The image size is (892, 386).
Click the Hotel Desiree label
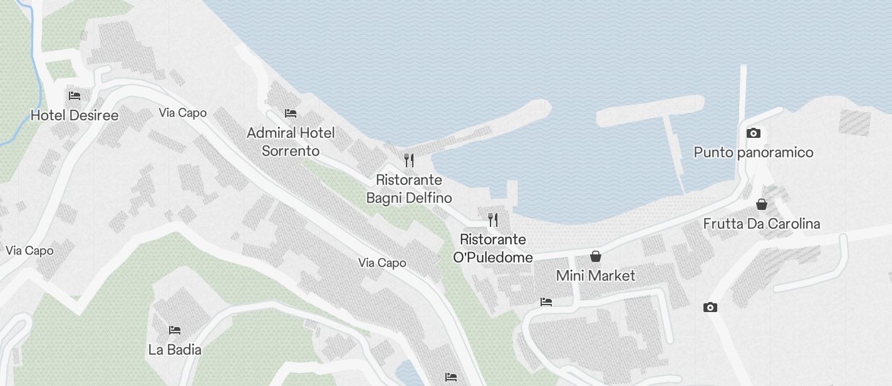[x=75, y=115]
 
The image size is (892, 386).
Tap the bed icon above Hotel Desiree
[x=75, y=96]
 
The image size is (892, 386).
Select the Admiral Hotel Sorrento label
[x=291, y=142]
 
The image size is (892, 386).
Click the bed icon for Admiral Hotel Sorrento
[x=291, y=113]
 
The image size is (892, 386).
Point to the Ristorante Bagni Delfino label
[x=409, y=189]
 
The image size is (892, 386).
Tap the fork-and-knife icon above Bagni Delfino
[x=409, y=160]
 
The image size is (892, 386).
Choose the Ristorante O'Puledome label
[x=493, y=248]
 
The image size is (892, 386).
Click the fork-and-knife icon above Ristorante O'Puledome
[x=493, y=219]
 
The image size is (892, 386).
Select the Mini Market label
[x=596, y=276]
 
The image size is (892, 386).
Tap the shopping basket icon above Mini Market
[x=596, y=256]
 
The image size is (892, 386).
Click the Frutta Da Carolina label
[x=761, y=224]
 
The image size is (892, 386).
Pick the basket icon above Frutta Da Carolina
[x=762, y=204]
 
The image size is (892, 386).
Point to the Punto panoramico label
[x=754, y=152]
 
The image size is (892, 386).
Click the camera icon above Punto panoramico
[x=754, y=133]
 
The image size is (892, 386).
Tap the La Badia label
[x=175, y=349]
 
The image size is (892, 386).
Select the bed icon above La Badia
[x=175, y=330]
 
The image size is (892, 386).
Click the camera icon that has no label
[x=710, y=307]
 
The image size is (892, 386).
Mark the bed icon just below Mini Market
[x=546, y=302]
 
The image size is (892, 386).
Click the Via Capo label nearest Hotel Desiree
[x=183, y=113]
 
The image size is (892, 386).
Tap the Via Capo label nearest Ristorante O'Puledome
[x=382, y=263]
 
